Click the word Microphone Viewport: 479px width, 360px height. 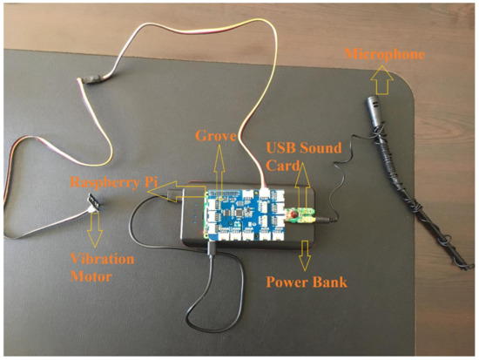click(x=384, y=55)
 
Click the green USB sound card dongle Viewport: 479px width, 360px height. click(x=300, y=214)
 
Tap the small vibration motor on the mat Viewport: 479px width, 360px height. click(x=90, y=203)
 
